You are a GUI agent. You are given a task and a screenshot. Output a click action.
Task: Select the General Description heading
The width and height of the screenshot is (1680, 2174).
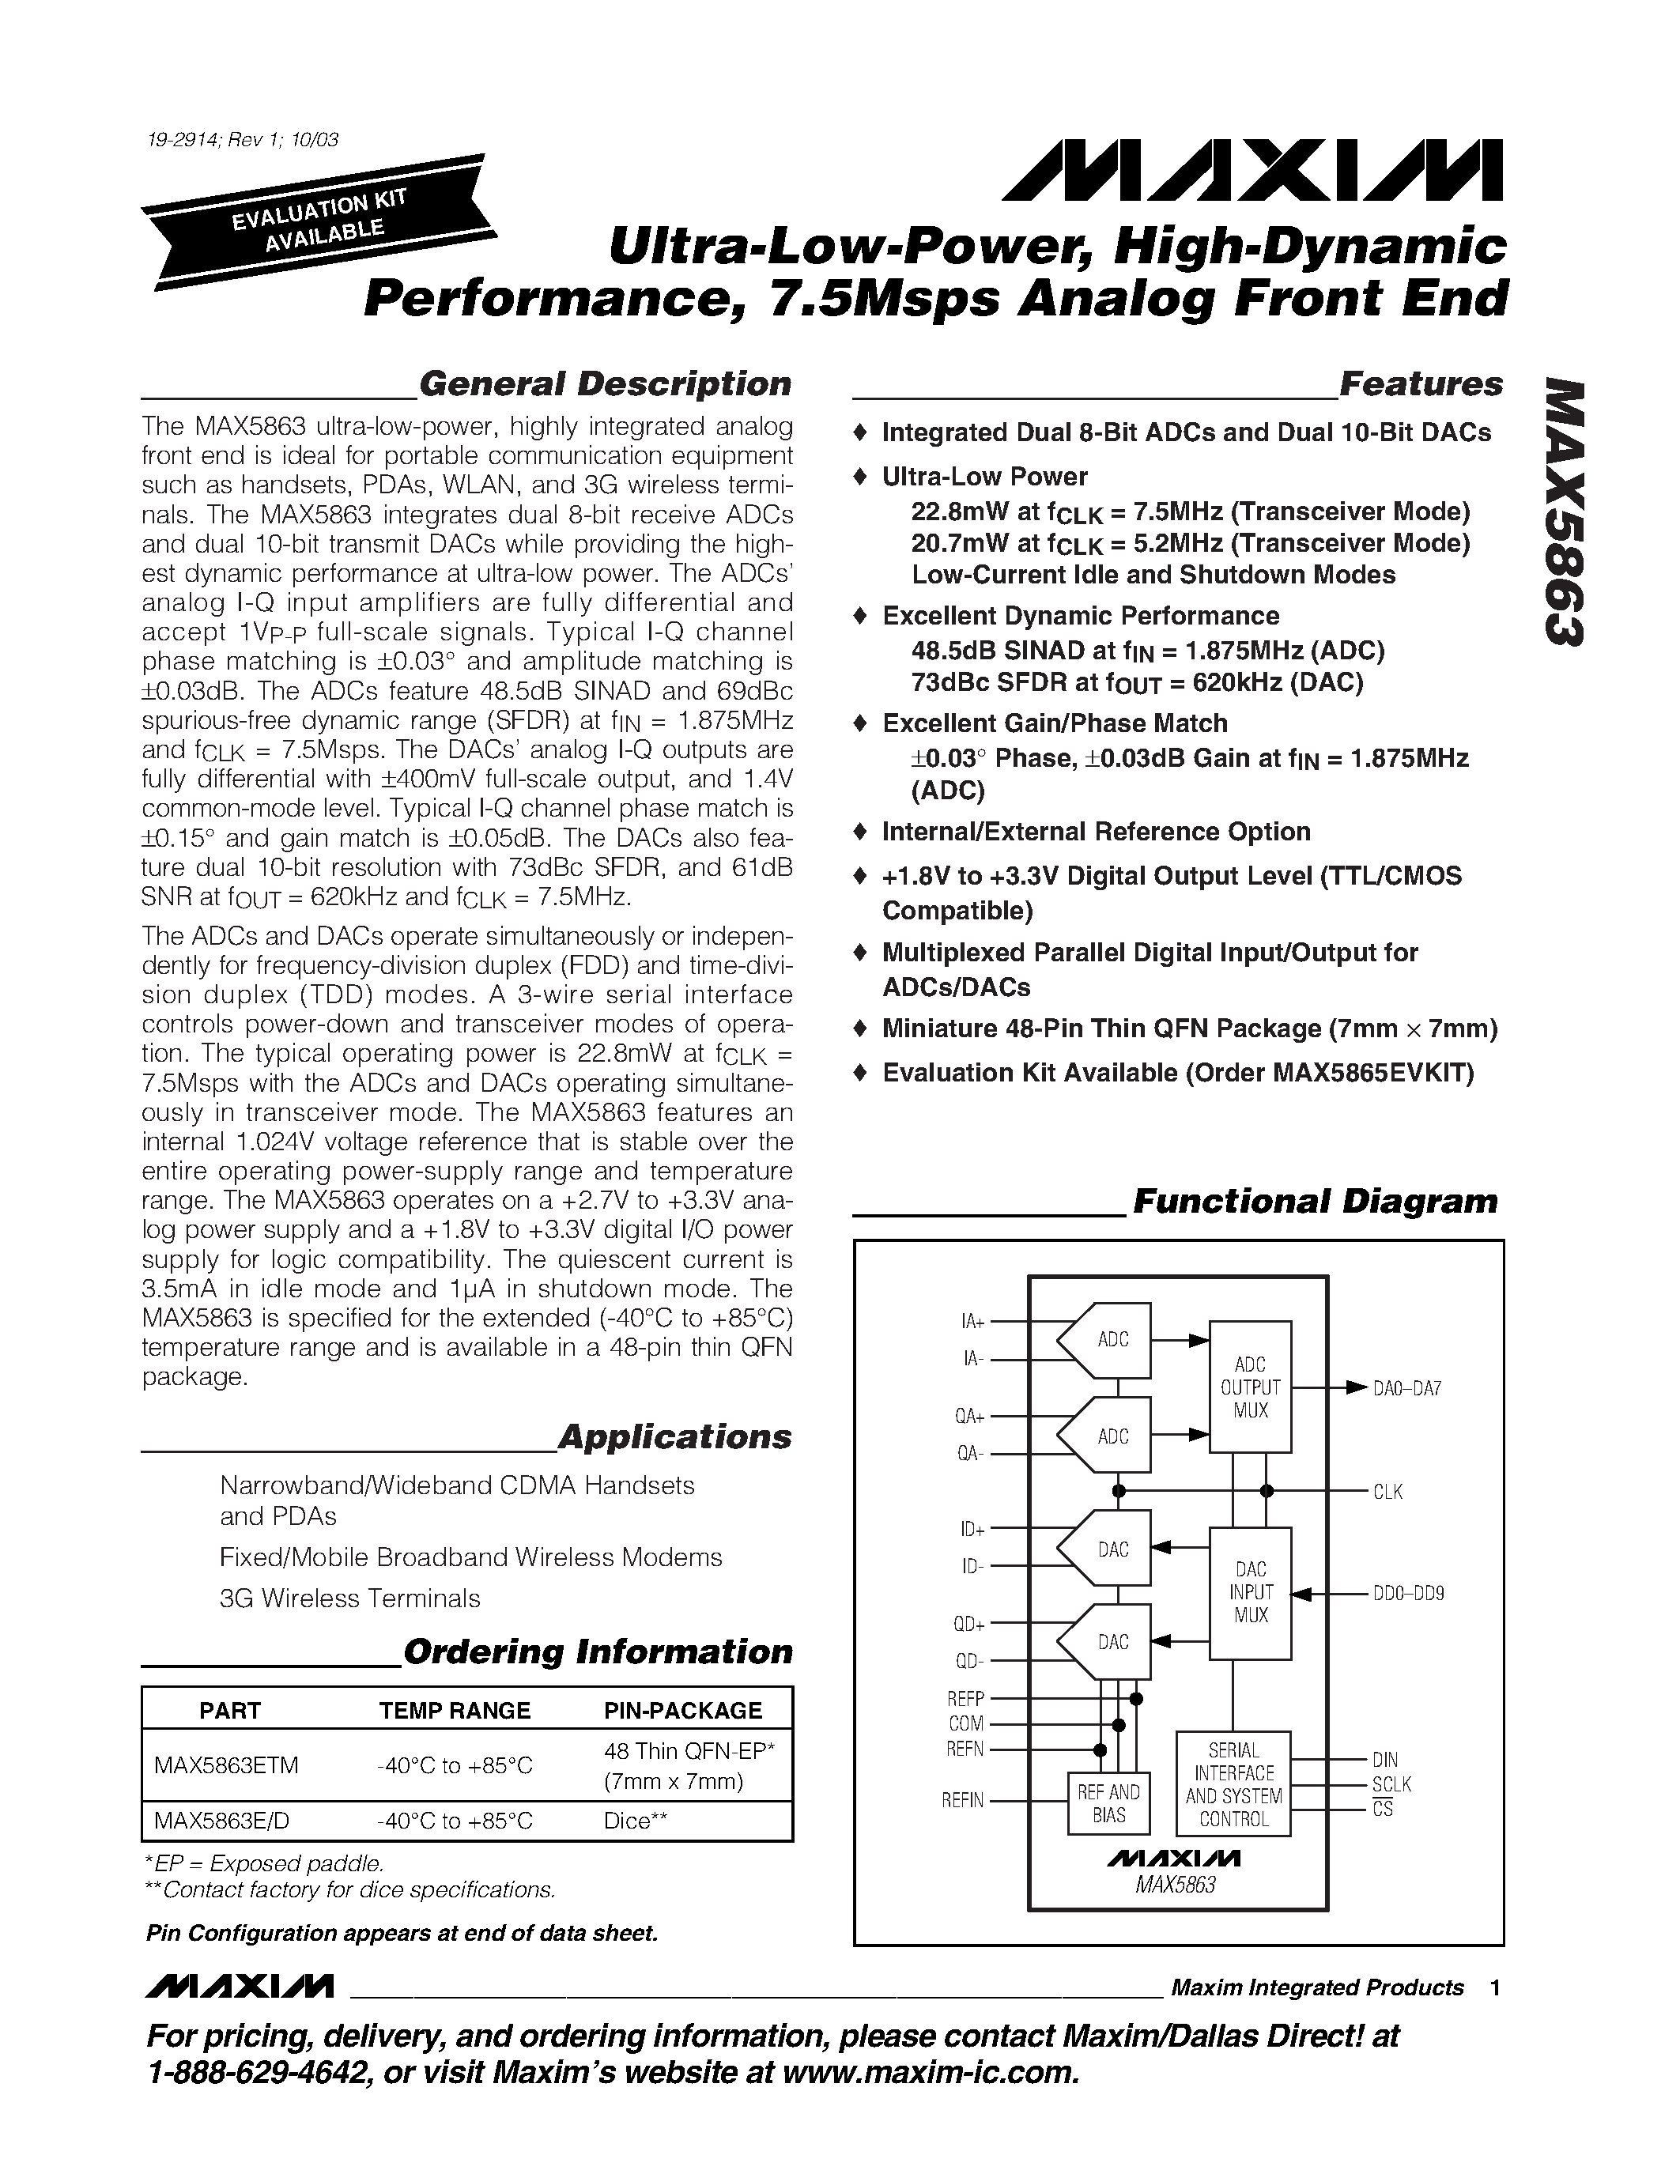[604, 384]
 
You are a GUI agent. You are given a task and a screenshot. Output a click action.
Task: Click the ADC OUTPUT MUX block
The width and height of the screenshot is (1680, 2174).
[1250, 1387]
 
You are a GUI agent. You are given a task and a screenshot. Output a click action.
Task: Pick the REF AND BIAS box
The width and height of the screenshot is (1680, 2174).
[1108, 1802]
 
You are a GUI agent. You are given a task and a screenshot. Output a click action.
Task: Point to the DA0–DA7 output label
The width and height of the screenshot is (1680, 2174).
[1406, 1387]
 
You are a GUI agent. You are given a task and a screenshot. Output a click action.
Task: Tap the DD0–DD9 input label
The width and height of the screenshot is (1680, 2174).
[1408, 1593]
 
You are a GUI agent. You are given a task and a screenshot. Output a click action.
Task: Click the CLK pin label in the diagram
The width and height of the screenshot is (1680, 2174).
[1387, 1491]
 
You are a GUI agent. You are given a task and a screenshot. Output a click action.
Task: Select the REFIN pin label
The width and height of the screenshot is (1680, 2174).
[962, 1800]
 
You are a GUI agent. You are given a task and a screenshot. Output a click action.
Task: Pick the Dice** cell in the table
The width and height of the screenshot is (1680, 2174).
[635, 1821]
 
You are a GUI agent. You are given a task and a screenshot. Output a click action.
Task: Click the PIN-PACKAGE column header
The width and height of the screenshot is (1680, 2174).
[683, 1710]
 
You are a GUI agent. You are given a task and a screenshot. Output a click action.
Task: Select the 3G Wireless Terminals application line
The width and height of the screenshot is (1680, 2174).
[350, 1598]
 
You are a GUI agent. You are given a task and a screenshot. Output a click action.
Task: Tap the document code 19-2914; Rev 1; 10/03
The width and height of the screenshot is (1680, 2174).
[240, 139]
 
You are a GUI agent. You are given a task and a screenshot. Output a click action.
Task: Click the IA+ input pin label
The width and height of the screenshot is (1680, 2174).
[972, 1321]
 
